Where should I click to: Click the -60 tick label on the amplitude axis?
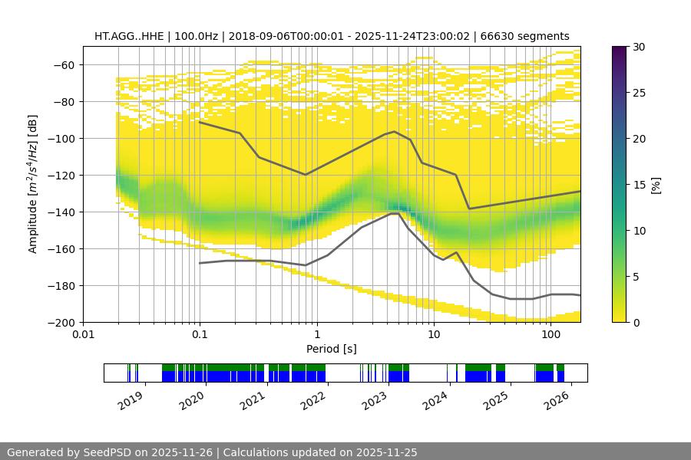[64, 65]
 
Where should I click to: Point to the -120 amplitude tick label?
[61, 176]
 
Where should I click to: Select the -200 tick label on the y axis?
[61, 323]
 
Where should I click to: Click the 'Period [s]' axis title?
[332, 350]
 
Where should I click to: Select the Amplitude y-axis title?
[32, 184]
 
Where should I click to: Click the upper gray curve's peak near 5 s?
[395, 132]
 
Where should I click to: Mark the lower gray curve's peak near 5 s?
[395, 214]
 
